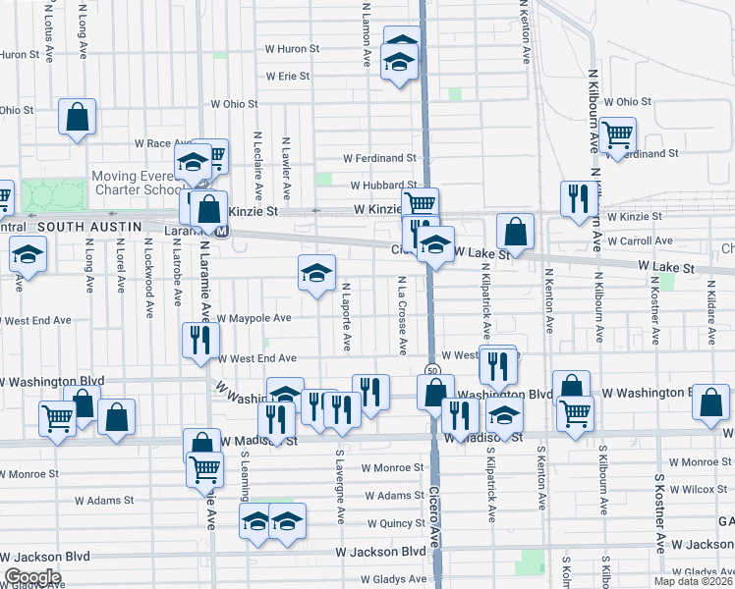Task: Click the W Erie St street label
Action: (287, 76)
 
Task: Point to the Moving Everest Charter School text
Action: (132, 184)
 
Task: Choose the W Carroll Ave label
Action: (640, 241)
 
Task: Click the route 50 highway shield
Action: (432, 369)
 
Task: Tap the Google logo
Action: (32, 576)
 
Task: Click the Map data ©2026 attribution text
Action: (692, 581)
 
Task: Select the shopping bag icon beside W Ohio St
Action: (77, 118)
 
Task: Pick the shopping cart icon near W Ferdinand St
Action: (617, 134)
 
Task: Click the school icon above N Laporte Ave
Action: (316, 274)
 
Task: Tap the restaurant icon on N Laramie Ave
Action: (199, 341)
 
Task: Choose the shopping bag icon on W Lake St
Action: (515, 233)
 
